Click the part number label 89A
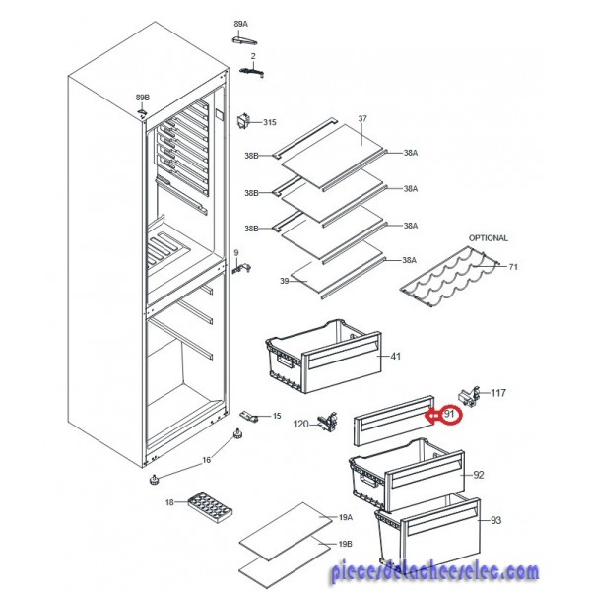point(241,24)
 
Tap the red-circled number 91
point(449,415)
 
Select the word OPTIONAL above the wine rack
point(489,238)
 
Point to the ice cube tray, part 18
point(210,506)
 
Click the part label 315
point(270,122)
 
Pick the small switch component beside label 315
point(242,122)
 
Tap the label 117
point(497,393)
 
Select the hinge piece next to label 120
point(328,422)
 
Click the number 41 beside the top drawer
point(395,356)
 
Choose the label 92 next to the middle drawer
point(479,475)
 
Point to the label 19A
point(346,517)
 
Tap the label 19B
point(346,544)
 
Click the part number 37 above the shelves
point(362,119)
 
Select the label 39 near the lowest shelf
point(285,281)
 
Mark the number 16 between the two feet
point(206,460)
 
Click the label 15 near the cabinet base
point(277,416)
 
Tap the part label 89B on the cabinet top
point(143,98)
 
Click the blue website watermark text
point(435,572)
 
